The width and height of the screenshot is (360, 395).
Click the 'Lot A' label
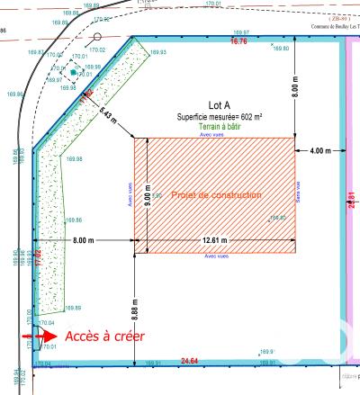214,106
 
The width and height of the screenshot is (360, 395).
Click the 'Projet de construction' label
216,194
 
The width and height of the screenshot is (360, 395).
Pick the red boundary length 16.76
238,41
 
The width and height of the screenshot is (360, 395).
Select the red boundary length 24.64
189,361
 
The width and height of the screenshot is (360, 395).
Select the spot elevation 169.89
72,308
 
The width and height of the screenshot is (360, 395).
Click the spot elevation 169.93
157,53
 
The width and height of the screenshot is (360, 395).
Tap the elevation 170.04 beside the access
47,322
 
